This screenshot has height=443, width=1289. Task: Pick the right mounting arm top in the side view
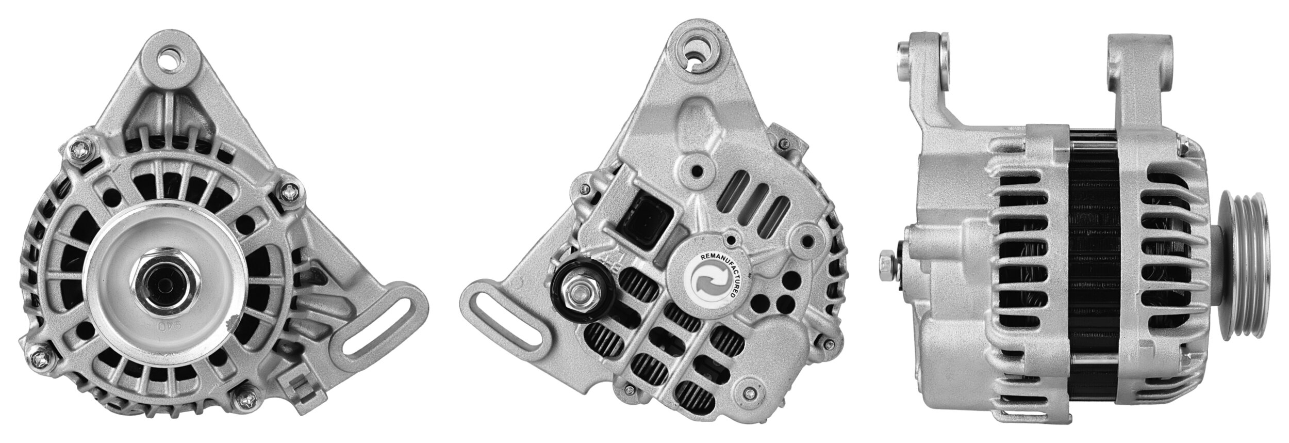1139,62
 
